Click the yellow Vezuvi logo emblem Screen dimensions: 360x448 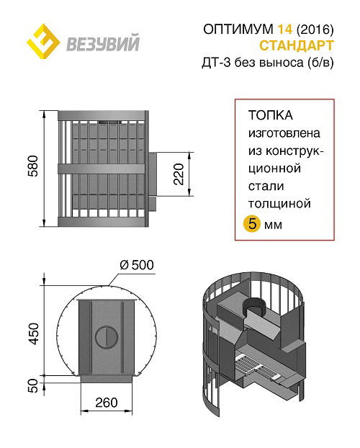pyautogui.click(x=43, y=41)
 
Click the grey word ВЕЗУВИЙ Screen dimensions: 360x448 pyautogui.click(x=103, y=43)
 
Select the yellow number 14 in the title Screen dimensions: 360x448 pyautogui.click(x=285, y=29)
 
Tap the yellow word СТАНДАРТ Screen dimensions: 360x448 pyautogui.click(x=297, y=45)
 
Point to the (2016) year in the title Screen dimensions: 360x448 pyautogui.click(x=315, y=29)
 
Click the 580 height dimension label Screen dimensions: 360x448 pyautogui.click(x=33, y=166)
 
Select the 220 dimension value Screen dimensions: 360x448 pyautogui.click(x=179, y=174)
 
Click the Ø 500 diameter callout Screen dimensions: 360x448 pyautogui.click(x=137, y=265)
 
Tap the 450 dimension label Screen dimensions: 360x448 pyautogui.click(x=33, y=333)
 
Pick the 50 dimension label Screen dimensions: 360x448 pyautogui.click(x=33, y=385)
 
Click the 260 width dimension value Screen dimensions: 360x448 pyautogui.click(x=107, y=403)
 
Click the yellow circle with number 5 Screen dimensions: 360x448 pyautogui.click(x=252, y=224)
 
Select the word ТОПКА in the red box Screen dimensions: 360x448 pyautogui.click(x=271, y=115)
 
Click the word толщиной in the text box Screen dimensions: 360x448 pyautogui.click(x=279, y=204)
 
